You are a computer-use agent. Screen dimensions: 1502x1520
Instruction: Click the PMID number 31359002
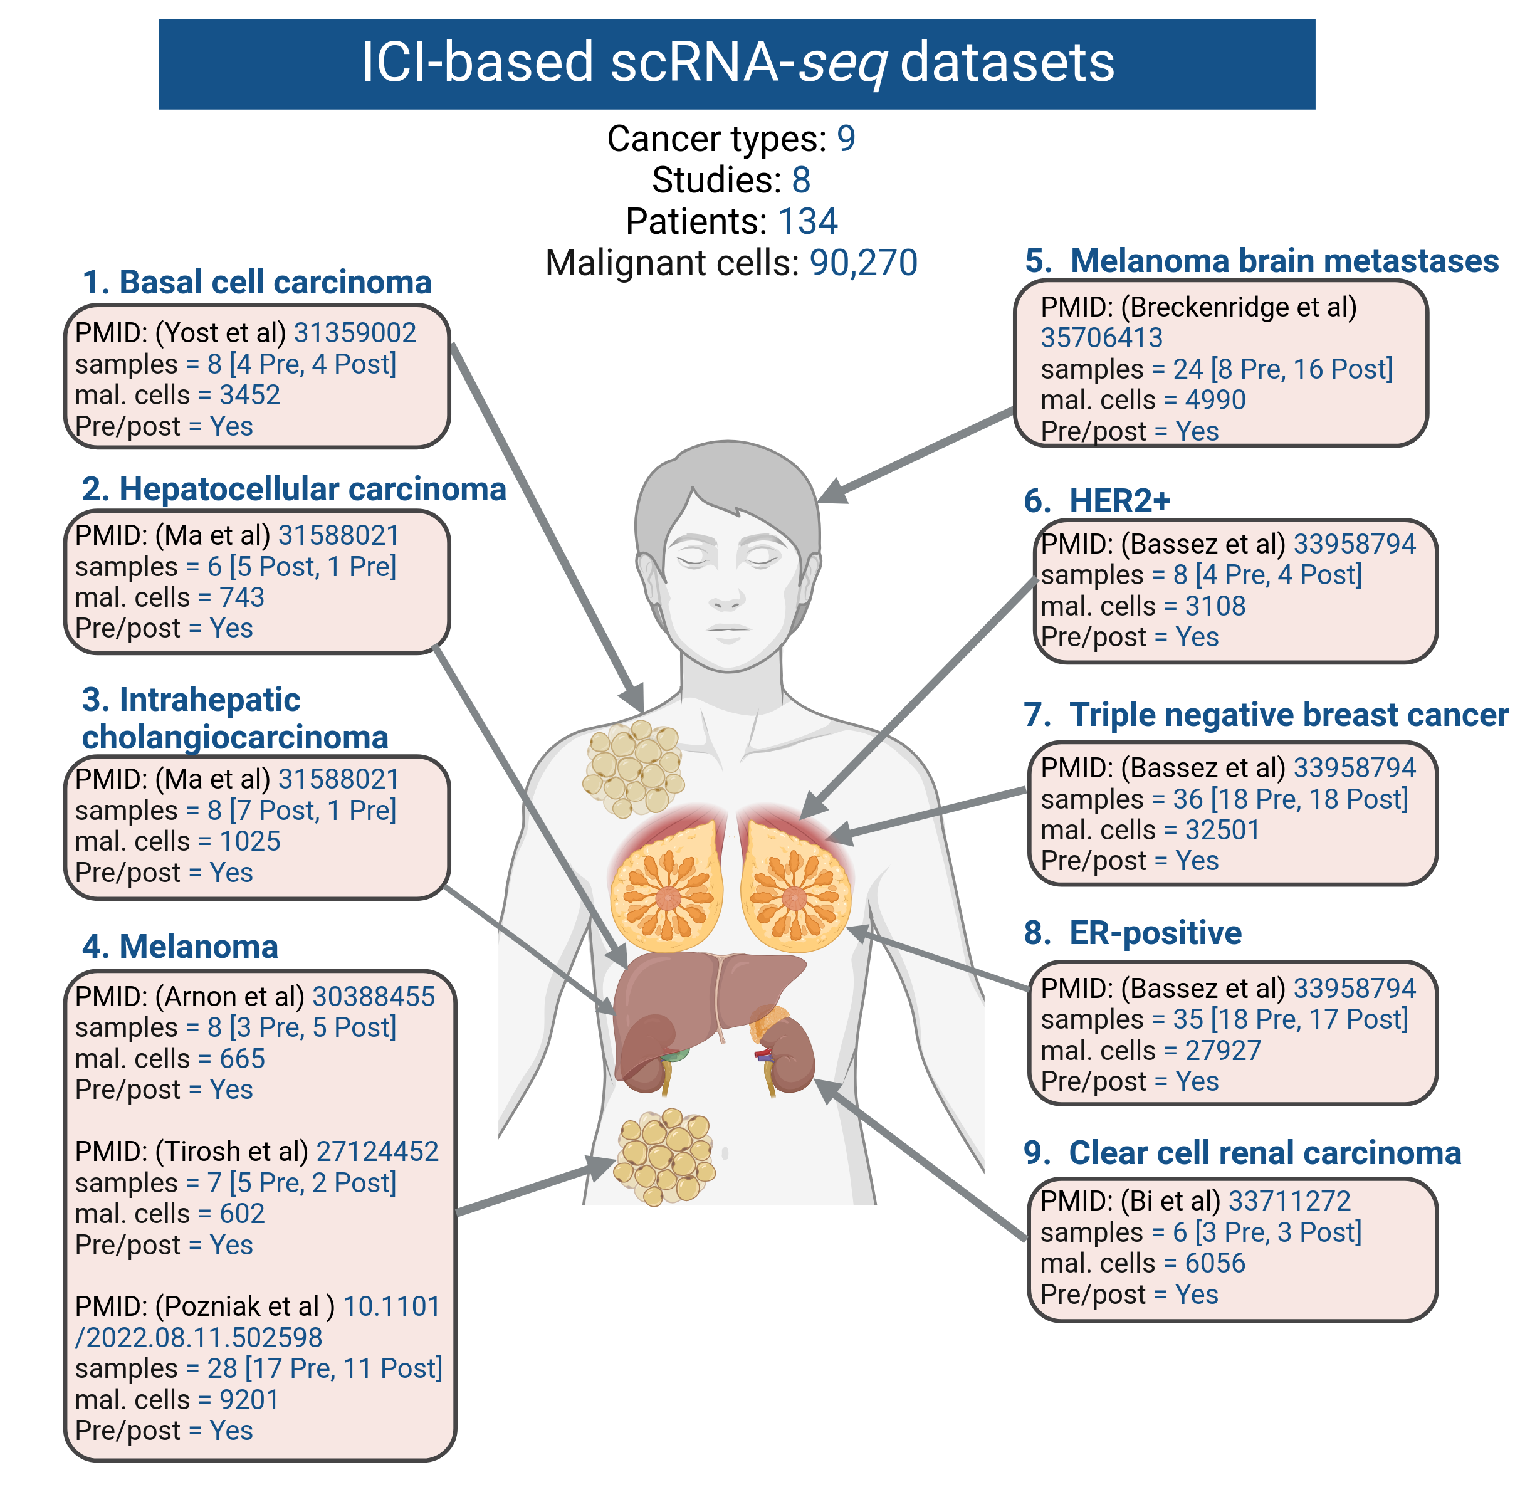(354, 333)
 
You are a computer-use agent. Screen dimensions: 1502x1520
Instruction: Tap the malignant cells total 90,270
(863, 263)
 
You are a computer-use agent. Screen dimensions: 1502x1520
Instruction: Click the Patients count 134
(807, 221)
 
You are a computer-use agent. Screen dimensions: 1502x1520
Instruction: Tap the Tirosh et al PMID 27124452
(377, 1152)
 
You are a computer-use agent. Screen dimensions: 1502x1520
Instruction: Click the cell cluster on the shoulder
(632, 767)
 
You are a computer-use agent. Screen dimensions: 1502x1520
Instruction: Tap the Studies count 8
(801, 180)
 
